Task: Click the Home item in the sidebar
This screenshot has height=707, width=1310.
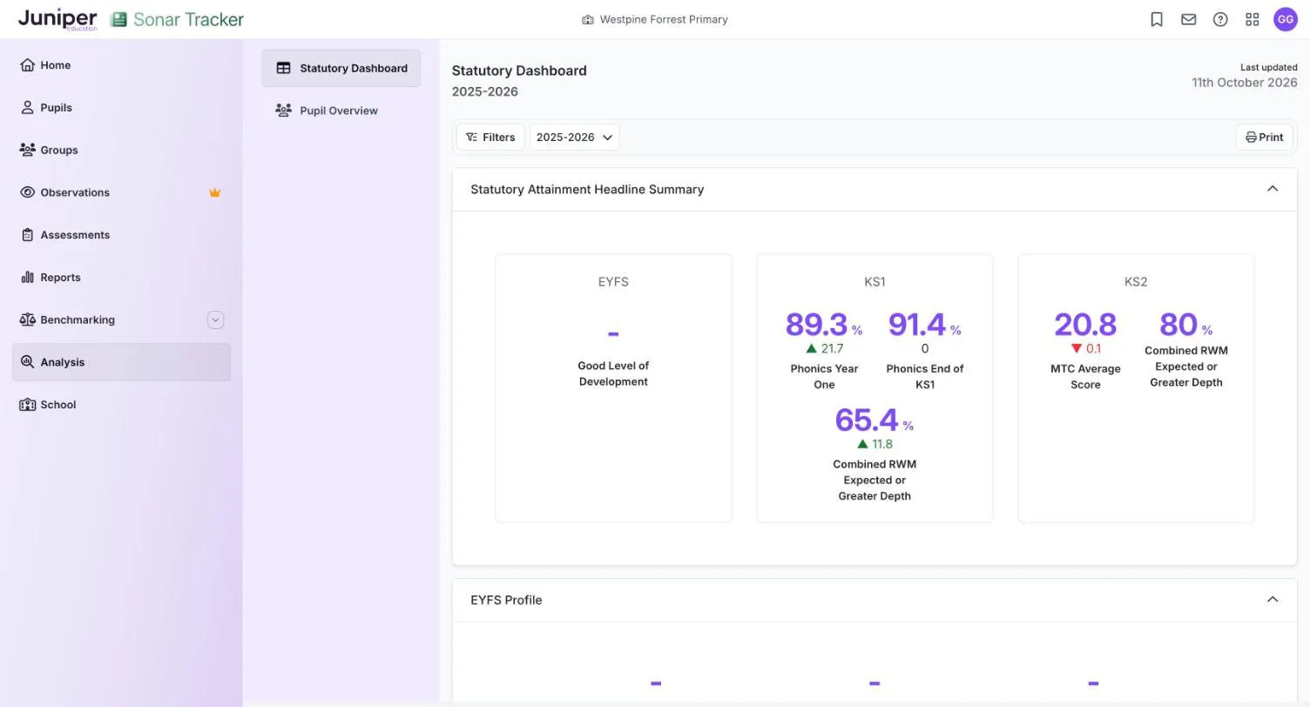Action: pos(45,65)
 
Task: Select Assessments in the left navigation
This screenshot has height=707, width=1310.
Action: pos(64,234)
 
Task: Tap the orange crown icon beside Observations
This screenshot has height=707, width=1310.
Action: pos(214,192)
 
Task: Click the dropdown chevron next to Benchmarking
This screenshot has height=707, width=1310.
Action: pos(215,320)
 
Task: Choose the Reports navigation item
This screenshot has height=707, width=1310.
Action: pos(51,277)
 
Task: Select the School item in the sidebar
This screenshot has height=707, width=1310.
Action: pos(47,405)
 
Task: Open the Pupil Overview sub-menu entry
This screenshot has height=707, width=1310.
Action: pos(327,111)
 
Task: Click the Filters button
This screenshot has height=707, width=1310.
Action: pos(490,137)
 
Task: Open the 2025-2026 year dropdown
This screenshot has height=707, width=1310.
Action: pos(574,137)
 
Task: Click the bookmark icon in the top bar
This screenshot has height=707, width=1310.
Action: pos(1156,19)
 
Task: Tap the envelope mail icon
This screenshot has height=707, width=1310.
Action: pos(1188,19)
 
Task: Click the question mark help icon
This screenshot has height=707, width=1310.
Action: pos(1220,19)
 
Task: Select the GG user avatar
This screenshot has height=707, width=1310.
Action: pos(1286,19)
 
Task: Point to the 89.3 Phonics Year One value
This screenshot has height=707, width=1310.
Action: pos(816,325)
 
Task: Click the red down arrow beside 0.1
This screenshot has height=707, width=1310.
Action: pos(1076,348)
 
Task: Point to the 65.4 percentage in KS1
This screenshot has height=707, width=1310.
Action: pos(866,420)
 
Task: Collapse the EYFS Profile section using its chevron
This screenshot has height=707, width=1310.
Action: pos(1273,599)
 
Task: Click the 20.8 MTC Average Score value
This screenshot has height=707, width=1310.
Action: pos(1085,325)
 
